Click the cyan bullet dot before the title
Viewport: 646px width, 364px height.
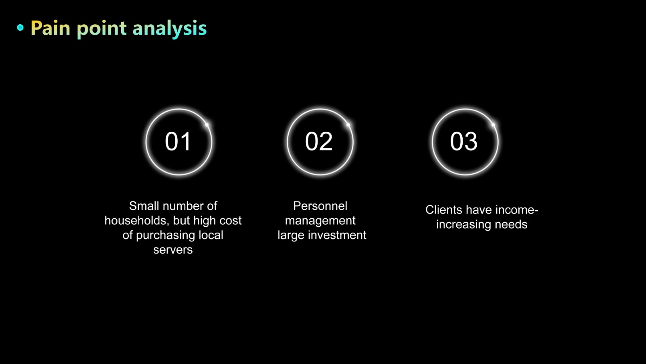[x=20, y=28]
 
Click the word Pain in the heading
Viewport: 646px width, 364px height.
[x=50, y=28]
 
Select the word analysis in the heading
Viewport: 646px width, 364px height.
[x=170, y=29]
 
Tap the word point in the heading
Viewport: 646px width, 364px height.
[x=101, y=29]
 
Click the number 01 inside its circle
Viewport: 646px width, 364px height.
[x=178, y=141]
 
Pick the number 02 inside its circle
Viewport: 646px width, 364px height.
[x=319, y=141]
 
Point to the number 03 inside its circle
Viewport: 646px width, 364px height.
[x=464, y=141]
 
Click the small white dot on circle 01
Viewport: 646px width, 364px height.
[x=207, y=125]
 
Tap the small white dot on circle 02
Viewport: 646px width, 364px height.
[x=348, y=125]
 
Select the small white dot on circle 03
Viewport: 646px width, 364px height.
[x=493, y=125]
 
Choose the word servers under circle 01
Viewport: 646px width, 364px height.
[x=173, y=250]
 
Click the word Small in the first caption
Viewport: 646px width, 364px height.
[x=144, y=206]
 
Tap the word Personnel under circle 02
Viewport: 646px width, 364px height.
[x=320, y=206]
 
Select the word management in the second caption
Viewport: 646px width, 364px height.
[x=320, y=221]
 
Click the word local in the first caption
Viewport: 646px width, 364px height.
[x=211, y=235]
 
